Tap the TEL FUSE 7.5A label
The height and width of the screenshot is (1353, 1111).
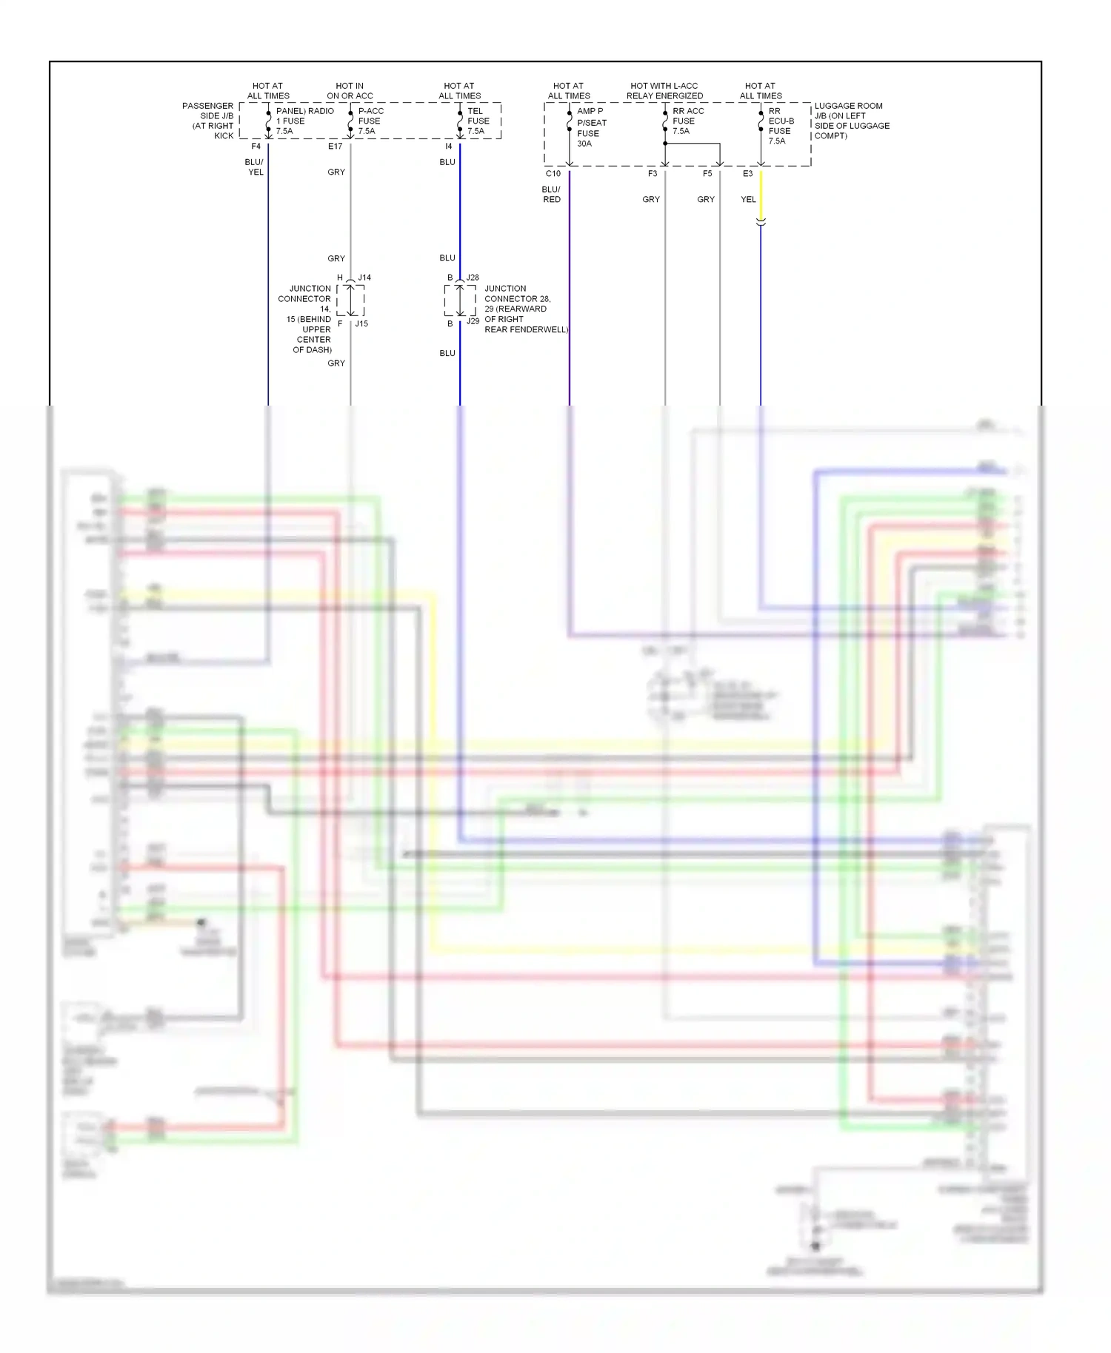click(478, 121)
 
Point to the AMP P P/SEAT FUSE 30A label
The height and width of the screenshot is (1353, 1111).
click(591, 127)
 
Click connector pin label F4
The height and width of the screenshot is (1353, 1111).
click(256, 147)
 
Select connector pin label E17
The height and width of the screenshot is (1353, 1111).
click(335, 147)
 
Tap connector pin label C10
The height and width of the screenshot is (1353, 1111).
click(553, 174)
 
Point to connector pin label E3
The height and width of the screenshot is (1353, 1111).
click(747, 174)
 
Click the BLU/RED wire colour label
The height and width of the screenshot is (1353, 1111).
click(551, 195)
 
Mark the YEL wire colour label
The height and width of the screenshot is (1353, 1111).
click(748, 200)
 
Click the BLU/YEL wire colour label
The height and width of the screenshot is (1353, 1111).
click(254, 167)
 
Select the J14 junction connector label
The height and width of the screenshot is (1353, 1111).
click(364, 278)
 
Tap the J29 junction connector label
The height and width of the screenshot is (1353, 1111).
click(473, 321)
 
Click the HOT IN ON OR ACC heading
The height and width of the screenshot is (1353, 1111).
click(350, 91)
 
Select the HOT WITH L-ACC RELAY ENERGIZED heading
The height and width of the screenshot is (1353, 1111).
click(664, 91)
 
